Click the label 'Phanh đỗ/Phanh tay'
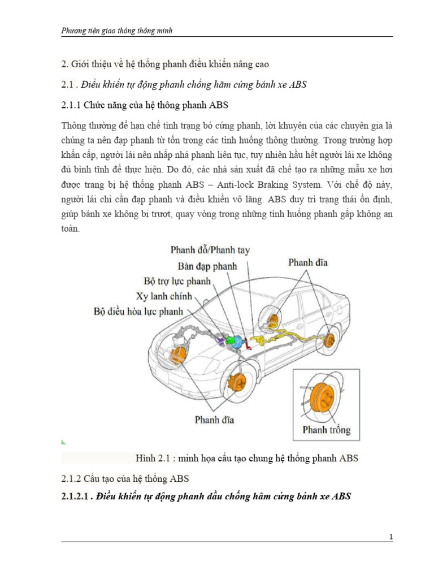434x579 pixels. pyautogui.click(x=210, y=249)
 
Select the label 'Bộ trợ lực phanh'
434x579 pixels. pyautogui.click(x=177, y=280)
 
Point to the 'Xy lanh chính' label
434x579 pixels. pyautogui.click(x=164, y=296)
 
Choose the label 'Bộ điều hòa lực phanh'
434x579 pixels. pyautogui.click(x=144, y=311)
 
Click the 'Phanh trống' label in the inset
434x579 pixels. pyautogui.click(x=326, y=430)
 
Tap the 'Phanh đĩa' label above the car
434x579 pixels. pyautogui.click(x=307, y=262)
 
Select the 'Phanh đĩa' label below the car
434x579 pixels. pyautogui.click(x=215, y=420)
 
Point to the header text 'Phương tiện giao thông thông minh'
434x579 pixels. pyautogui.click(x=116, y=31)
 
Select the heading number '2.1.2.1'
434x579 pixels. pyautogui.click(x=76, y=496)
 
